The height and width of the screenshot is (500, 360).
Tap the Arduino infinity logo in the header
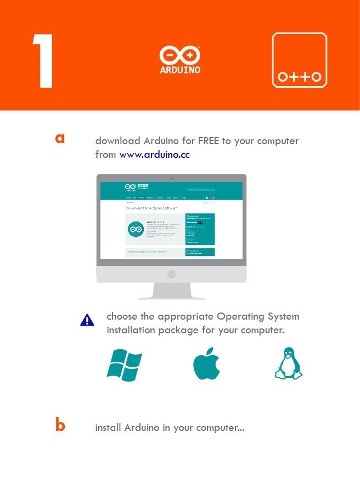[179, 56]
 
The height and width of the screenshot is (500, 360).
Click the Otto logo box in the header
[300, 60]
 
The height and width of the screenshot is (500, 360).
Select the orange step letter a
[60, 138]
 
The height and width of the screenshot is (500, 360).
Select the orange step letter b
[60, 425]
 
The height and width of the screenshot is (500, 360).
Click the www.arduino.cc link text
[155, 155]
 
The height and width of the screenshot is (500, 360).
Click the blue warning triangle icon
[87, 320]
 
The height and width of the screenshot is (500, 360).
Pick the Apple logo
[206, 364]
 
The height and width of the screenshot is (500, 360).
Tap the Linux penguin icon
[288, 364]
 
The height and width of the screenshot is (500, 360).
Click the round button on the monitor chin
[171, 274]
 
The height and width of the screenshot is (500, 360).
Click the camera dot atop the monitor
[171, 178]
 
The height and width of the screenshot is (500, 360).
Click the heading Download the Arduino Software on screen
[151, 208]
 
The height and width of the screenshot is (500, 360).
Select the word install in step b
[109, 428]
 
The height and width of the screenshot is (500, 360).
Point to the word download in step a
[118, 141]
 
